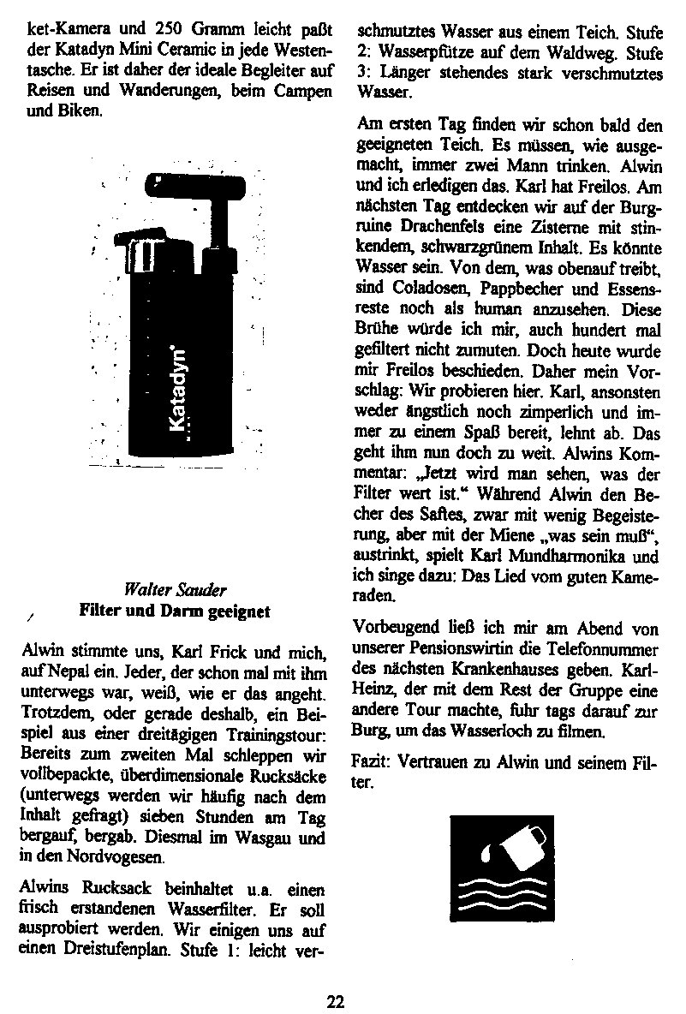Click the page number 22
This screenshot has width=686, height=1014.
(336, 1000)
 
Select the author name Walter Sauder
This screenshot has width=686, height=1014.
(175, 590)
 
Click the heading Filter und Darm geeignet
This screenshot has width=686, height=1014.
(175, 611)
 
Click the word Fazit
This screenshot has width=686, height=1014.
(368, 760)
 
